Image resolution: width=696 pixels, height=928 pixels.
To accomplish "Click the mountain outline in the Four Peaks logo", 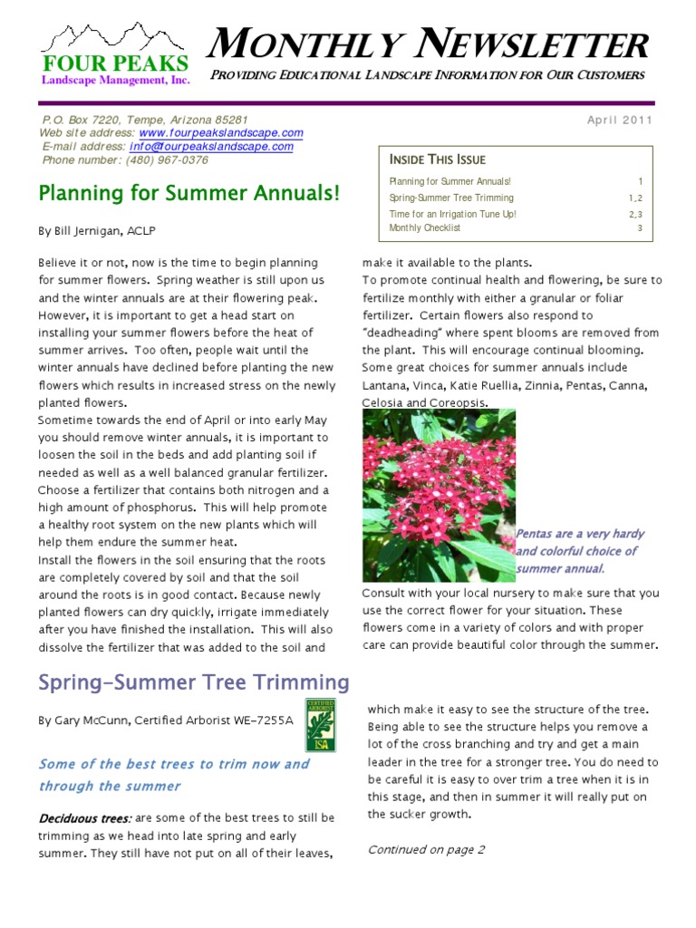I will point(114,39).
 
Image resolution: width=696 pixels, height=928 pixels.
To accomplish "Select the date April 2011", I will point(619,121).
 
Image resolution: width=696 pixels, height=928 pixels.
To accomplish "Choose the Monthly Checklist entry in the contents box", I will point(425,228).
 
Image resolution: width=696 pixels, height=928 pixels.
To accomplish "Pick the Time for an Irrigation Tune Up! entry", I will point(452,214).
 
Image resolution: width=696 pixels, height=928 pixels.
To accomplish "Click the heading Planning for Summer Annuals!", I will point(188,193).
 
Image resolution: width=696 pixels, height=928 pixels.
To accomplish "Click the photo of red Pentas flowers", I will point(438,495).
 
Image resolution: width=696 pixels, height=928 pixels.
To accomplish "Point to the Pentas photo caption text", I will point(576,551).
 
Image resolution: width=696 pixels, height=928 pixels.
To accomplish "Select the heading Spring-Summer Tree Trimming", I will point(193,682).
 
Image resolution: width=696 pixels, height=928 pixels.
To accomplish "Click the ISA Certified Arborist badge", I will point(321,725).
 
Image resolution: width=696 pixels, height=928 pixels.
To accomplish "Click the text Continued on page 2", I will point(426,849).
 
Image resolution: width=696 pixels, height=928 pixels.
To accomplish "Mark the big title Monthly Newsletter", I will point(430,44).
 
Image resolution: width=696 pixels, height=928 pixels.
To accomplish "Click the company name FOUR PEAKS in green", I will point(114,64).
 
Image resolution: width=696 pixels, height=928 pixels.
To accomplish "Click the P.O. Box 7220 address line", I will point(145,120).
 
